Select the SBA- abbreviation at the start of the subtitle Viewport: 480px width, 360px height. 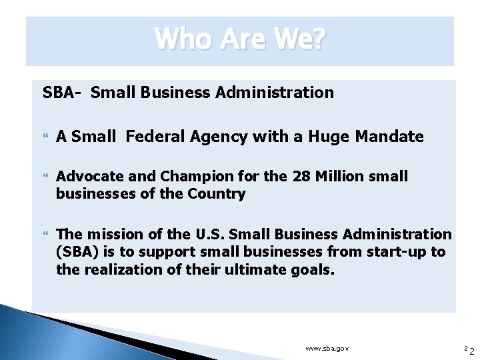61,93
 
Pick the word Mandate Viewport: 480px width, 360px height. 389,137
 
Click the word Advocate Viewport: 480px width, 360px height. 87,177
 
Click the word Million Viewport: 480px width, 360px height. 339,177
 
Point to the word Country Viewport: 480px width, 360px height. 217,194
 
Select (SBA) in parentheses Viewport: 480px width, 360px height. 77,252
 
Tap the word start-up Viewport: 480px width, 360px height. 397,252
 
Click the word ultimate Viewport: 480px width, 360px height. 255,269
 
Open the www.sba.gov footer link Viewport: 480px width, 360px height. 327,349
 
